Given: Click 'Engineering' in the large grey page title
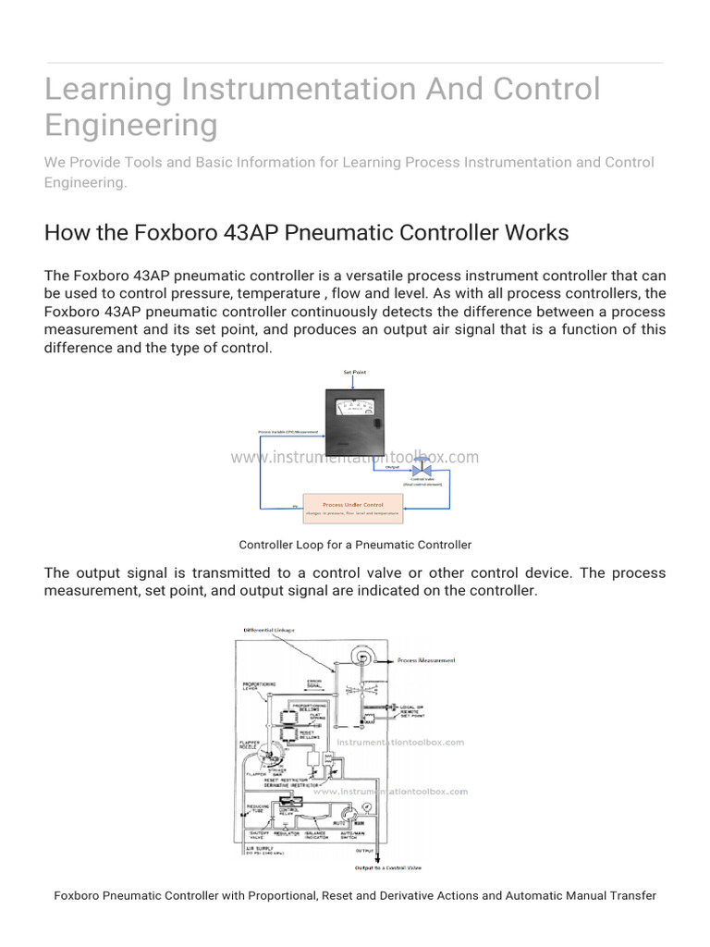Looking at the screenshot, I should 131,124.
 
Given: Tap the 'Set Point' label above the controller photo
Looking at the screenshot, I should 355,371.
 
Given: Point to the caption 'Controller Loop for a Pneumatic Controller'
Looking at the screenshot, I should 355,545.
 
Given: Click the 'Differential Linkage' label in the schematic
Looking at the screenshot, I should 269,630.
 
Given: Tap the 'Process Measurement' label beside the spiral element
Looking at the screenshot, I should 426,660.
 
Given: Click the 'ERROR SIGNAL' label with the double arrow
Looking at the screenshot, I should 314,685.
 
